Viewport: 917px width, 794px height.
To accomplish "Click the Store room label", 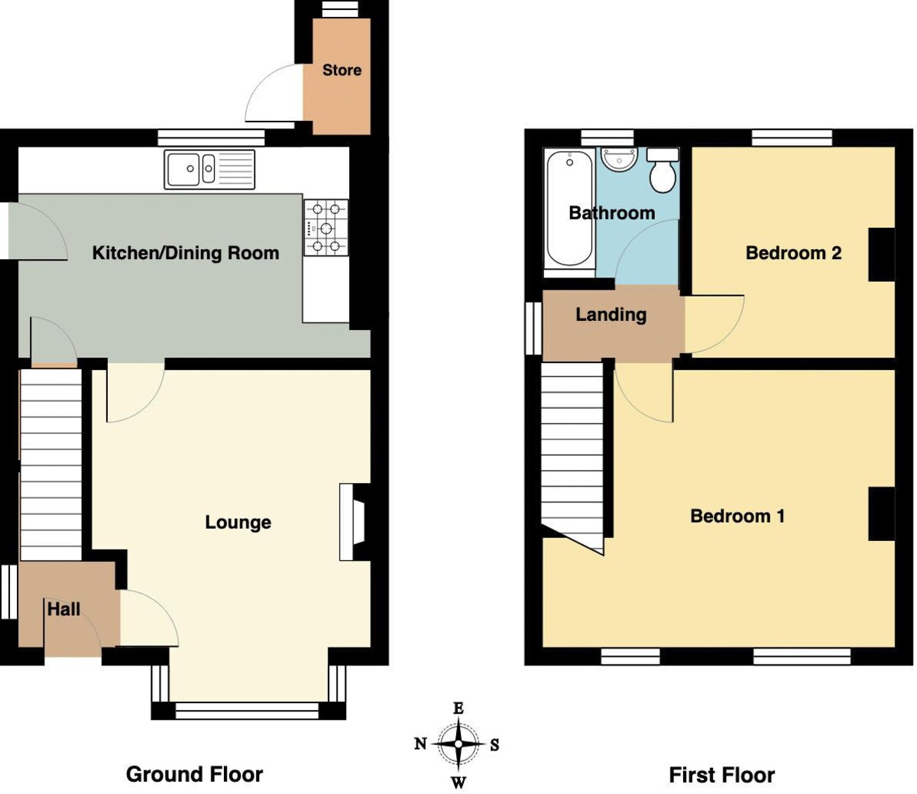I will (342, 70).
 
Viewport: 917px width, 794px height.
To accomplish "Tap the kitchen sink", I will (209, 169).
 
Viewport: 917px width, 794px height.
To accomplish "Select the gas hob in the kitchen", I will (326, 227).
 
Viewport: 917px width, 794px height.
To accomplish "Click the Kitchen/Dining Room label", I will (186, 253).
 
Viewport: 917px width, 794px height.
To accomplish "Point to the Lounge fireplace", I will (353, 522).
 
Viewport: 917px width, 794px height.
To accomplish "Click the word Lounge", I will (238, 523).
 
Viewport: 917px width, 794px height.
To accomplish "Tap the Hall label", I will (63, 609).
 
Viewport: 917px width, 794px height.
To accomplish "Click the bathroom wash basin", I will (619, 161).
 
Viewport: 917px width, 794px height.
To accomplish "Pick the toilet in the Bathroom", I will (662, 170).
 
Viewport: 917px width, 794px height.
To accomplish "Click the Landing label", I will (611, 315).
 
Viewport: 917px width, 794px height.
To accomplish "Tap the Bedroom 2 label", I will (793, 253).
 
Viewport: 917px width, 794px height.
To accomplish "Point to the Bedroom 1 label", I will (737, 516).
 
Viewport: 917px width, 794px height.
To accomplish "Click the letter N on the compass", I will (420, 744).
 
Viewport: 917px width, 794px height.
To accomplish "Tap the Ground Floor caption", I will (194, 774).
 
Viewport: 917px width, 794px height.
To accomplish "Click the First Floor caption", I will (721, 776).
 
